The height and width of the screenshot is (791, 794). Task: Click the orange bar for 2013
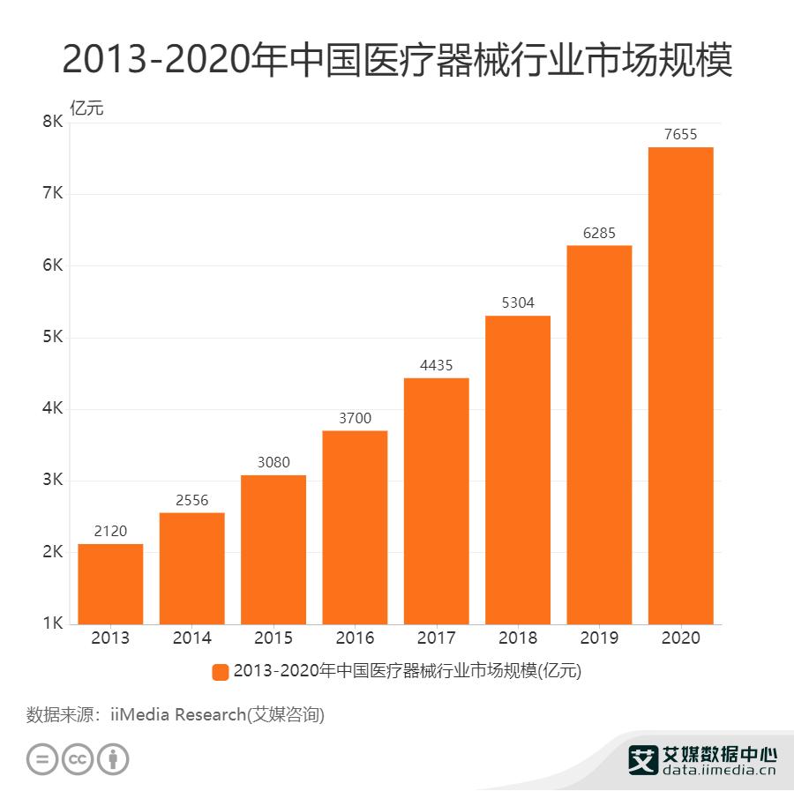pyautogui.click(x=110, y=584)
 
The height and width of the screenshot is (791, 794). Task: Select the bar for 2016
pyautogui.click(x=355, y=527)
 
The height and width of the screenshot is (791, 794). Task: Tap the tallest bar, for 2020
pyautogui.click(x=680, y=385)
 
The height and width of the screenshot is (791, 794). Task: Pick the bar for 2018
pyautogui.click(x=518, y=470)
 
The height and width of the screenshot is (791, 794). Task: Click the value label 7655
pyautogui.click(x=680, y=134)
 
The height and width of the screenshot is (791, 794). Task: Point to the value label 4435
pyautogui.click(x=436, y=365)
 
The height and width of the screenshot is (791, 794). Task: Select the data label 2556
pyautogui.click(x=191, y=500)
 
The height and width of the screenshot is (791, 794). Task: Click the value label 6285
pyautogui.click(x=599, y=233)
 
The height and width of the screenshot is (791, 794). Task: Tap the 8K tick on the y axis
pyautogui.click(x=52, y=123)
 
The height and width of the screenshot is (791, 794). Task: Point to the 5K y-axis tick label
pyautogui.click(x=52, y=338)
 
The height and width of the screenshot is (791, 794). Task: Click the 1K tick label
pyautogui.click(x=52, y=624)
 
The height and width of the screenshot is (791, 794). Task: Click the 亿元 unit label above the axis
pyautogui.click(x=86, y=109)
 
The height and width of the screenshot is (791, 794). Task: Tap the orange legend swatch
pyautogui.click(x=221, y=672)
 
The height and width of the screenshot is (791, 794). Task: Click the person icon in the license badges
pyautogui.click(x=113, y=758)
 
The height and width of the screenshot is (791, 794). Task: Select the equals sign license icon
pyautogui.click(x=42, y=758)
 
